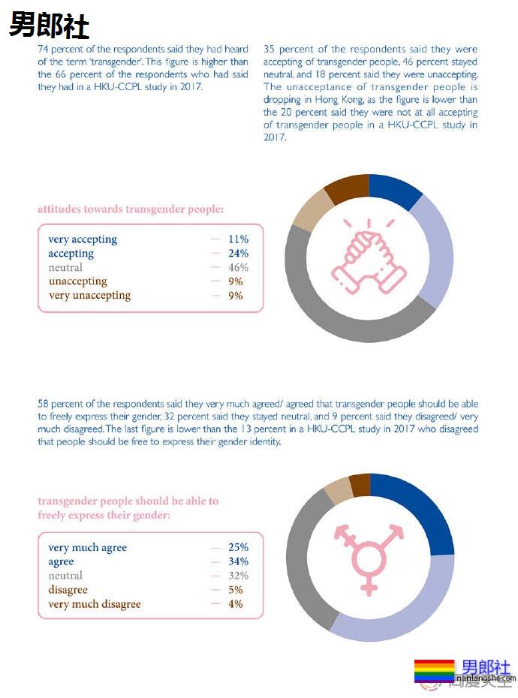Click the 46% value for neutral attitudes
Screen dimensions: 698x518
(238, 268)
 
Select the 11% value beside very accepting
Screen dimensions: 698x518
(238, 239)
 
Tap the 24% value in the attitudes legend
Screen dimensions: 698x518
(238, 254)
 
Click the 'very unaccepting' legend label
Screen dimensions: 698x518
(89, 296)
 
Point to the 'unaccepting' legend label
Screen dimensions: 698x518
(77, 281)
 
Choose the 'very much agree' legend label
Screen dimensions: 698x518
(88, 547)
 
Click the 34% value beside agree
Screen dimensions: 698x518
(238, 561)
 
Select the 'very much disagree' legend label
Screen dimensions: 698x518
(95, 604)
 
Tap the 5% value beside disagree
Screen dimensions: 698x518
(236, 590)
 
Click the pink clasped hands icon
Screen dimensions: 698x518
(369, 257)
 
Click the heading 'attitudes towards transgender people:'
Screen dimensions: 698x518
(130, 209)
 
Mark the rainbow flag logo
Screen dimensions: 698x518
(434, 670)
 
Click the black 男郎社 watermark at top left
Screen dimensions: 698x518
(49, 26)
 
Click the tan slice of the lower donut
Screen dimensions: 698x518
(338, 489)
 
